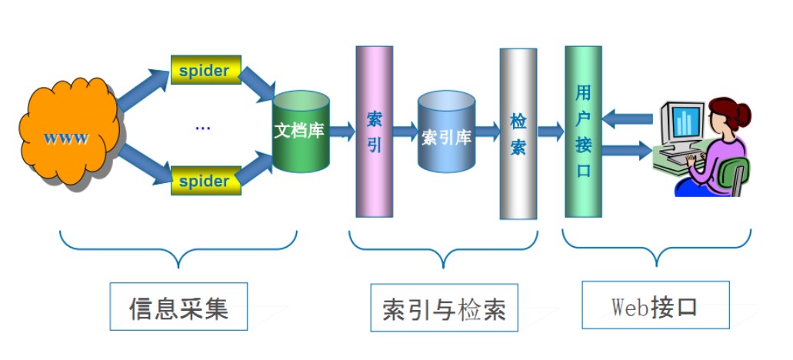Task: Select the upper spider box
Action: [206, 70]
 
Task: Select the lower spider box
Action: [206, 181]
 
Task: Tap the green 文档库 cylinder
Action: [301, 132]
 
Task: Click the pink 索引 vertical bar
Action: [375, 132]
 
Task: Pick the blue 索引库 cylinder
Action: [447, 132]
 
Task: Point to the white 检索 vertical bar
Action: [518, 134]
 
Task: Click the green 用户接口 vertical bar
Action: [583, 132]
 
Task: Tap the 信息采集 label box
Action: [178, 306]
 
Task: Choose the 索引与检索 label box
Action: [444, 308]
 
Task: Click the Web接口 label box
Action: [655, 305]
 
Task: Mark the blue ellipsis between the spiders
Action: [203, 128]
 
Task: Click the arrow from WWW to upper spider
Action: [143, 90]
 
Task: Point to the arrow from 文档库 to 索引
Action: [342, 132]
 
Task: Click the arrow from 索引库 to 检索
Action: [488, 132]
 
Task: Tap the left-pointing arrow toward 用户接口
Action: [627, 118]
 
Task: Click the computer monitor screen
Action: [686, 122]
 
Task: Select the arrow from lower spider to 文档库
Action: [255, 168]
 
